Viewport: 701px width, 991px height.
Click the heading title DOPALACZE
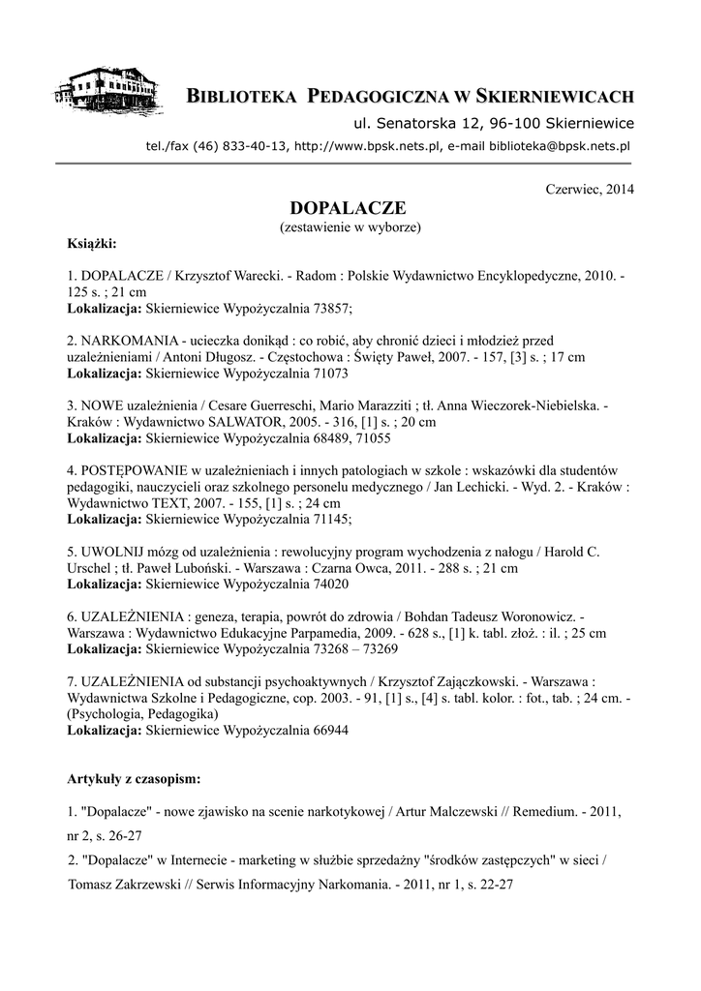350,208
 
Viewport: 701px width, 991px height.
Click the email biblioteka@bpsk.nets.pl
560,146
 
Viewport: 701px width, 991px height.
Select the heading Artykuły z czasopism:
135,777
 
